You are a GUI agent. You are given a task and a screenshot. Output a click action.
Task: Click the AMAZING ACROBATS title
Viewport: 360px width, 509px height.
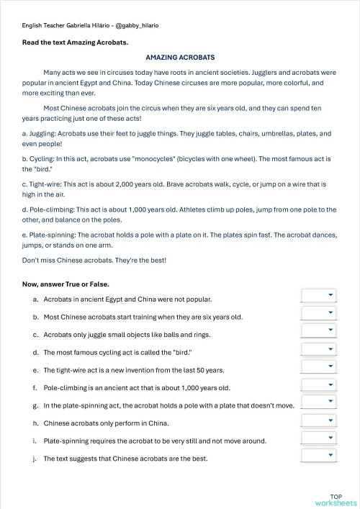point(180,57)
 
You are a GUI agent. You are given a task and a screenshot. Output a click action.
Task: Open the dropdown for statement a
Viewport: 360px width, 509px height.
point(318,295)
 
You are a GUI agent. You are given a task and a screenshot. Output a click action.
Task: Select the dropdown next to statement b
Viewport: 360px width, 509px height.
point(318,313)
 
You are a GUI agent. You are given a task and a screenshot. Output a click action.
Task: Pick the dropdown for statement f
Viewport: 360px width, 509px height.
point(318,385)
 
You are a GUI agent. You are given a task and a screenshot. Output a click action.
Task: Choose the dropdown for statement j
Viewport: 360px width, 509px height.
point(318,456)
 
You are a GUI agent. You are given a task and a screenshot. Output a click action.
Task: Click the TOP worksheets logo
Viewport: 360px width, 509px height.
point(336,500)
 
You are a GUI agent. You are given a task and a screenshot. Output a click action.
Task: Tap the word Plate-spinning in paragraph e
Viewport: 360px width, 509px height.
point(51,235)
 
